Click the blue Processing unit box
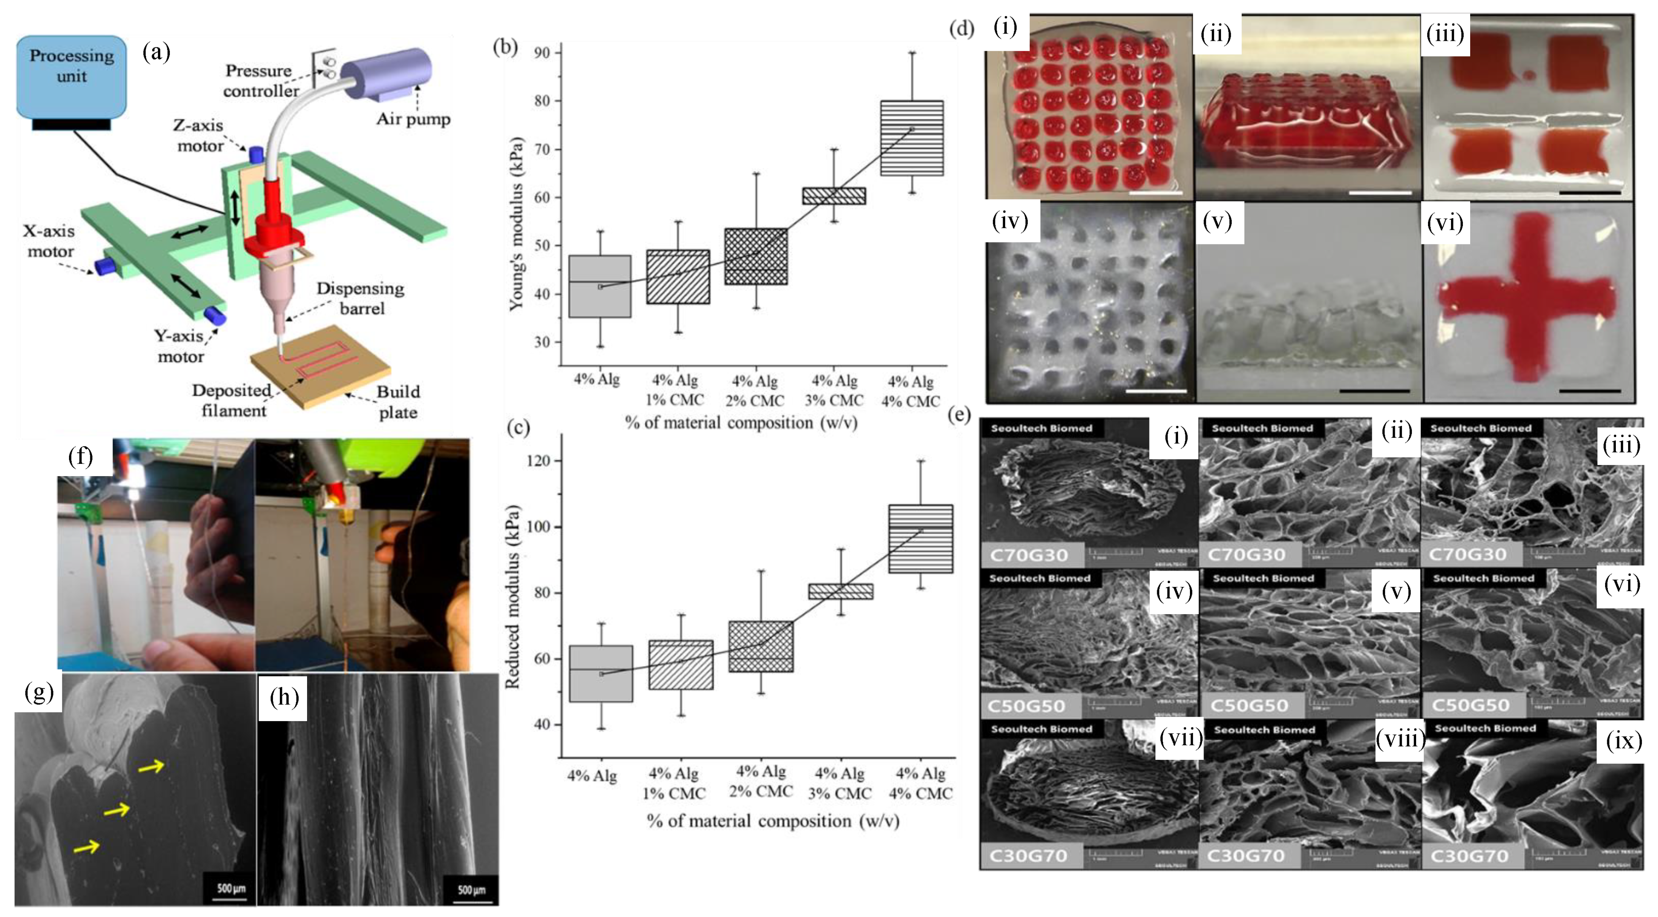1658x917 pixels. (71, 76)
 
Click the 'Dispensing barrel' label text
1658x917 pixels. (360, 298)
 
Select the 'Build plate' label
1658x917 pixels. (398, 402)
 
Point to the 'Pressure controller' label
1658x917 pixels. (260, 80)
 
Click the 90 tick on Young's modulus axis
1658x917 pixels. (542, 53)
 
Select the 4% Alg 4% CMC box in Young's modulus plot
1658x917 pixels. (911, 138)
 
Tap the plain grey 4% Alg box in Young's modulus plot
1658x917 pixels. (600, 286)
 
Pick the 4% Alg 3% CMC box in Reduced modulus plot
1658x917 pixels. (840, 591)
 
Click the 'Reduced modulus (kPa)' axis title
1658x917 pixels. (513, 597)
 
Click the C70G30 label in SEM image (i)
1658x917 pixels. (1030, 555)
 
